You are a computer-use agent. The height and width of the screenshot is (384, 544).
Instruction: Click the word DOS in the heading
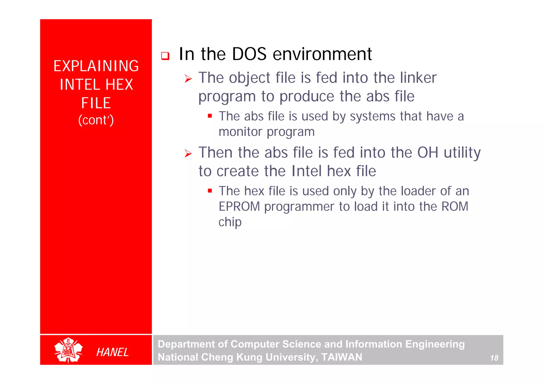pyautogui.click(x=249, y=54)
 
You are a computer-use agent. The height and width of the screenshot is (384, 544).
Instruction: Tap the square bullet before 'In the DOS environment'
pyautogui.click(x=165, y=56)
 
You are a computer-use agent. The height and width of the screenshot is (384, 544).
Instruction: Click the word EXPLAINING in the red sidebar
pyautogui.click(x=96, y=66)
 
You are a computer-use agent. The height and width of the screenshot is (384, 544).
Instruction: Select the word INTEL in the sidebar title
pyautogui.click(x=80, y=85)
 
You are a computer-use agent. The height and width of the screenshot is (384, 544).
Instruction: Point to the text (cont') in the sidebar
pyautogui.click(x=96, y=120)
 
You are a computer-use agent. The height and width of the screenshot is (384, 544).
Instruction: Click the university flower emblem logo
pyautogui.click(x=68, y=350)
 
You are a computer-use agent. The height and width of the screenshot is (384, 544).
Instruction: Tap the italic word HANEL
pyautogui.click(x=112, y=352)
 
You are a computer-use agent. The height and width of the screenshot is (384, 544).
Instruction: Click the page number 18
pyautogui.click(x=494, y=358)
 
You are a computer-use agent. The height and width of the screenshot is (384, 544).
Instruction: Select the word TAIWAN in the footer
pyautogui.click(x=342, y=357)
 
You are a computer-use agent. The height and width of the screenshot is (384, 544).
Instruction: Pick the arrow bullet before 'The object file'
pyautogui.click(x=188, y=79)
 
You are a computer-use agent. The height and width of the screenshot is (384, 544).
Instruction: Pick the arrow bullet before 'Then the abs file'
pyautogui.click(x=188, y=154)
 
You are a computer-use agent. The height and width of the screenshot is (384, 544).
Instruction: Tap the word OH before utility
pyautogui.click(x=427, y=152)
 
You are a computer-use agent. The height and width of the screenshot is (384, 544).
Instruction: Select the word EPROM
pyautogui.click(x=239, y=207)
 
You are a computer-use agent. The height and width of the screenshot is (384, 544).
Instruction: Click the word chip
pyautogui.click(x=230, y=222)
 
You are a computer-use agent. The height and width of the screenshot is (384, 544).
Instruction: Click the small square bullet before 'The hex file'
pyautogui.click(x=210, y=191)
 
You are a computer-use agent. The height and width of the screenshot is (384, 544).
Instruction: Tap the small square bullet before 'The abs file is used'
pyautogui.click(x=210, y=116)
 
